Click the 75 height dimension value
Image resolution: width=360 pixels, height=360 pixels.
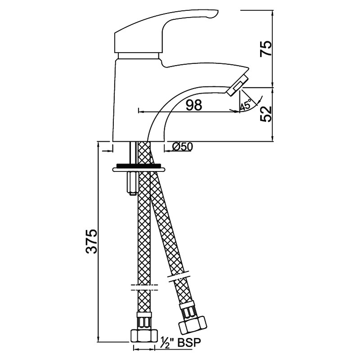265,49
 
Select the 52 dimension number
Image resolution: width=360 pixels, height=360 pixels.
265,114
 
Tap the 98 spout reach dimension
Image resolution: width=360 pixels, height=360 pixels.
194,105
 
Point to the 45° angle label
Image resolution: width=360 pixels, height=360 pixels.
245,106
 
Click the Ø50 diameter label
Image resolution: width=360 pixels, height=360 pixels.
182,147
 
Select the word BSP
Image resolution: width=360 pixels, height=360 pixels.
189,342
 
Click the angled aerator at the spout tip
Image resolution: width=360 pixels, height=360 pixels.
238,85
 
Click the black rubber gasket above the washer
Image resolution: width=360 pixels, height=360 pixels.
139,165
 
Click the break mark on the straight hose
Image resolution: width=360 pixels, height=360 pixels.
144,288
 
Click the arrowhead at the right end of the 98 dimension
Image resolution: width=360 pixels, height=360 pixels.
237,112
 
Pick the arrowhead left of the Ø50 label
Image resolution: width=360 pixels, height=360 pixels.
167,151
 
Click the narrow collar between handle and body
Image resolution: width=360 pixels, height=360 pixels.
139,56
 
